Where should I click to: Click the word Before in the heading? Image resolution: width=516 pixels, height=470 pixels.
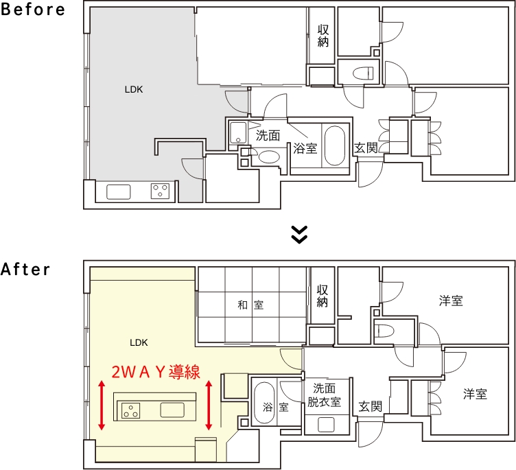click(33, 9)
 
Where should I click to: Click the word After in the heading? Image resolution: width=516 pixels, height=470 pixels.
click(25, 269)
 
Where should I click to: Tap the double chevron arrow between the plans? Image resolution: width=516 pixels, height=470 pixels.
click(299, 235)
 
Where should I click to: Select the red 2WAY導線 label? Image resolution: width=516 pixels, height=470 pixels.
click(156, 372)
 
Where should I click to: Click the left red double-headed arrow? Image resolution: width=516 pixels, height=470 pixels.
click(102, 406)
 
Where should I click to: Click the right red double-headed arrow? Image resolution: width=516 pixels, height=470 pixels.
click(209, 406)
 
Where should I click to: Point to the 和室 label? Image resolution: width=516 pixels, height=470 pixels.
click(250, 305)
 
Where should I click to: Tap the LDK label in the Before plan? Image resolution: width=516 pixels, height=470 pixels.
click(134, 89)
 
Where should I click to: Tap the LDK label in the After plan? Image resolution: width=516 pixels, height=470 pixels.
click(139, 342)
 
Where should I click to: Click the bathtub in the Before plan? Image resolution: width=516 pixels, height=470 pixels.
click(335, 145)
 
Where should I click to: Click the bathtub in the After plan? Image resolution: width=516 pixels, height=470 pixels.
click(264, 403)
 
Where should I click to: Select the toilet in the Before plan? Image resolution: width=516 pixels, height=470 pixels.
click(363, 73)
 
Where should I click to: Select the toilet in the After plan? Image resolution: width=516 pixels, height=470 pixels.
click(386, 331)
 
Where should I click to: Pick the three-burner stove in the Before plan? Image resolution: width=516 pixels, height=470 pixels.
click(160, 191)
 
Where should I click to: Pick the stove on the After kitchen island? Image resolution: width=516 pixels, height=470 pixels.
click(130, 410)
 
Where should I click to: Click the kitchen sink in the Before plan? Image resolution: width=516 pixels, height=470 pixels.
click(119, 192)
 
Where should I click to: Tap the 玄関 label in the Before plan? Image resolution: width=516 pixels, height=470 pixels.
click(366, 148)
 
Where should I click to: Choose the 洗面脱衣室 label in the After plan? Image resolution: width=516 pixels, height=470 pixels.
click(324, 395)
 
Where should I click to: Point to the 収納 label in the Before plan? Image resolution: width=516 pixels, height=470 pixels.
click(323, 36)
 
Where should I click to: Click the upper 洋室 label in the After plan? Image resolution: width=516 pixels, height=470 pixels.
click(451, 301)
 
